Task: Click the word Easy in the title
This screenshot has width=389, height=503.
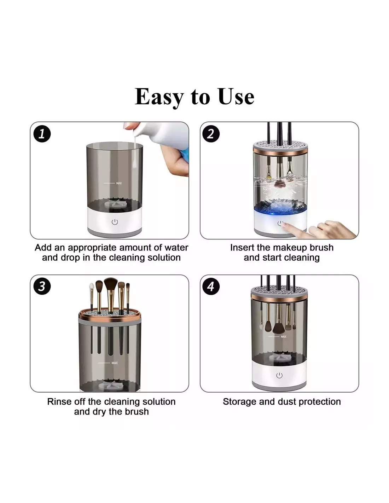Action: tap(159, 97)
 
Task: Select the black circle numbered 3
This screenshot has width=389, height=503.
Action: tap(42, 286)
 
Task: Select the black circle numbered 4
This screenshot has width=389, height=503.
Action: tap(211, 286)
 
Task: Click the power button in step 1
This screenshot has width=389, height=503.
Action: tap(115, 222)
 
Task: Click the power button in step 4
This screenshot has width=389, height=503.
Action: tap(279, 375)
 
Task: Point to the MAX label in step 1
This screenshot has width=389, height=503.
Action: tap(119, 183)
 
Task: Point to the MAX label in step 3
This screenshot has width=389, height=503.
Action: tap(115, 363)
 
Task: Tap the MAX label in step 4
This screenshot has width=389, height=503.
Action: tap(284, 336)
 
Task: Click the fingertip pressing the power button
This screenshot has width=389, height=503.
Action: tap(286, 226)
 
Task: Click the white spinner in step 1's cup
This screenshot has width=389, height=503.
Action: tap(115, 204)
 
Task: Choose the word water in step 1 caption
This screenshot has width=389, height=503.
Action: tap(176, 248)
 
